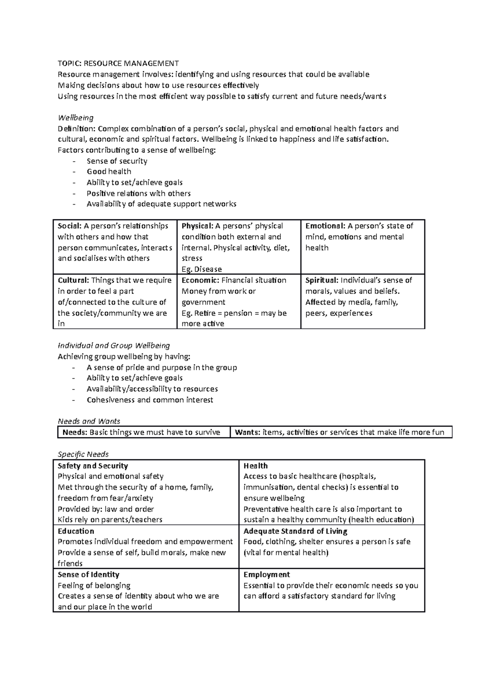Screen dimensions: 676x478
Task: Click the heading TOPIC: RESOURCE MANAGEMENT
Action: coord(118,63)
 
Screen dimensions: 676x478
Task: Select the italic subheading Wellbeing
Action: coord(76,118)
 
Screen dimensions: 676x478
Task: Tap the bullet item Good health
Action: coord(109,172)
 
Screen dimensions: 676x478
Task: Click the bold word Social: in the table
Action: coord(70,226)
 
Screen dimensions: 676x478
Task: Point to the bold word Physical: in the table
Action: coord(197,226)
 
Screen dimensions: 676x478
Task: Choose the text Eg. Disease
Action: coord(202,269)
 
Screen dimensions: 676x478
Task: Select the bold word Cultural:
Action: coord(73,280)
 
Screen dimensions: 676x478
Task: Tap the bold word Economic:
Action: coord(200,280)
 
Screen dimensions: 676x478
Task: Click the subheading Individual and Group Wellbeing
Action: coord(114,346)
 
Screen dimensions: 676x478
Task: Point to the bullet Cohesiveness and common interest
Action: coord(150,400)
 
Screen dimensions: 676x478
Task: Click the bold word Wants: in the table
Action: coord(247,432)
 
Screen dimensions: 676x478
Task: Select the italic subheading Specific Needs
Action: coord(83,454)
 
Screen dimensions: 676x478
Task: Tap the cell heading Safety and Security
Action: coord(93,466)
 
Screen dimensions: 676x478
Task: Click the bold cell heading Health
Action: coord(255,466)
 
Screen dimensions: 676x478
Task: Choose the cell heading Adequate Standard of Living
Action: coord(295,531)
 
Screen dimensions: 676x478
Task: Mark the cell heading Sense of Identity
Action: coord(88,574)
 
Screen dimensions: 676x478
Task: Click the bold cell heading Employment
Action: coord(266,574)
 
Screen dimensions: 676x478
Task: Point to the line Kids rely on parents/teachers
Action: coord(110,520)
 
